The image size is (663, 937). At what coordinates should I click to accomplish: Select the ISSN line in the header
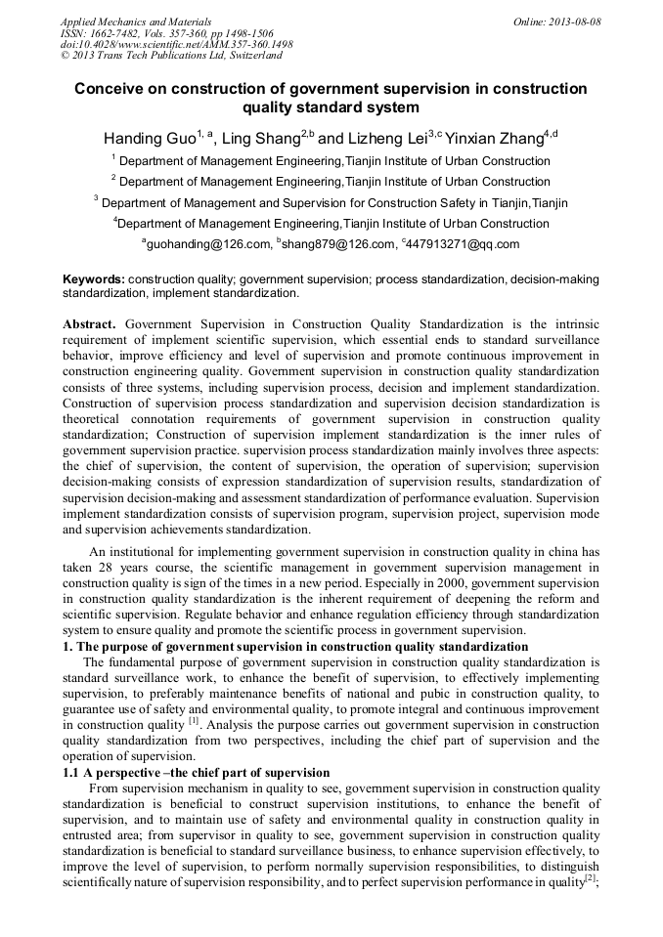click(x=166, y=33)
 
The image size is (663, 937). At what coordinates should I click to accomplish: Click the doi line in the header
click(x=176, y=45)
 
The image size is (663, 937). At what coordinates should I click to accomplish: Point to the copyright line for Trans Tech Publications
click(x=171, y=57)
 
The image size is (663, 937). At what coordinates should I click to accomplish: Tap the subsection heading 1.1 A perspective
click(x=197, y=773)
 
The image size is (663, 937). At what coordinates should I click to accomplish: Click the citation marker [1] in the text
click(x=194, y=723)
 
